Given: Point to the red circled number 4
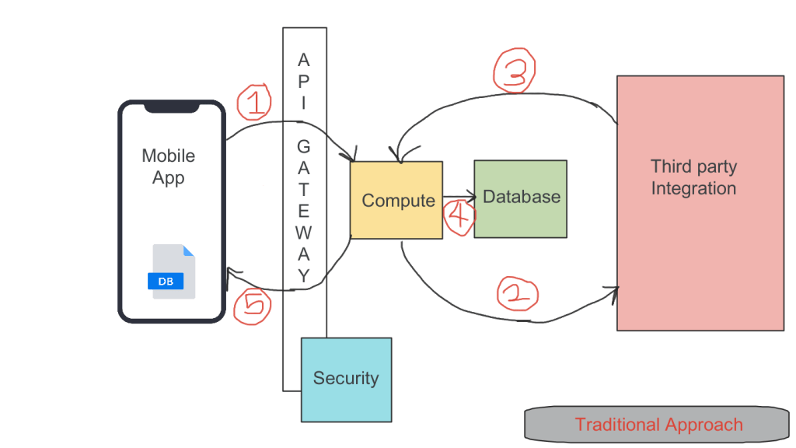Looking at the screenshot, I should coord(459,215).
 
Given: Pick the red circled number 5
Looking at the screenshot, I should coord(253,304).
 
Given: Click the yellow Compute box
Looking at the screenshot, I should coord(396,200).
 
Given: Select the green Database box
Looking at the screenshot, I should coord(521,198).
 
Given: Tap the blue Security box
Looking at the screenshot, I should coord(346,379).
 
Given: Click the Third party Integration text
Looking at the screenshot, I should coord(693,177).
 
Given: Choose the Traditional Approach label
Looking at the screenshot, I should coord(658,425).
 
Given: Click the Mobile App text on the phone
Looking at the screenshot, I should coord(169,166).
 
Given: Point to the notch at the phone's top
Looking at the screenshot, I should coord(172,107).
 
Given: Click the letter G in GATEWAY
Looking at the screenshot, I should coord(304,147).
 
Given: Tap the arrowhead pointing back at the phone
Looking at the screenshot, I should coord(232,271).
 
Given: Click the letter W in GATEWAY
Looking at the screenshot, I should coord(304,233).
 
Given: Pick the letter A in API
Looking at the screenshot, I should coord(304,60).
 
